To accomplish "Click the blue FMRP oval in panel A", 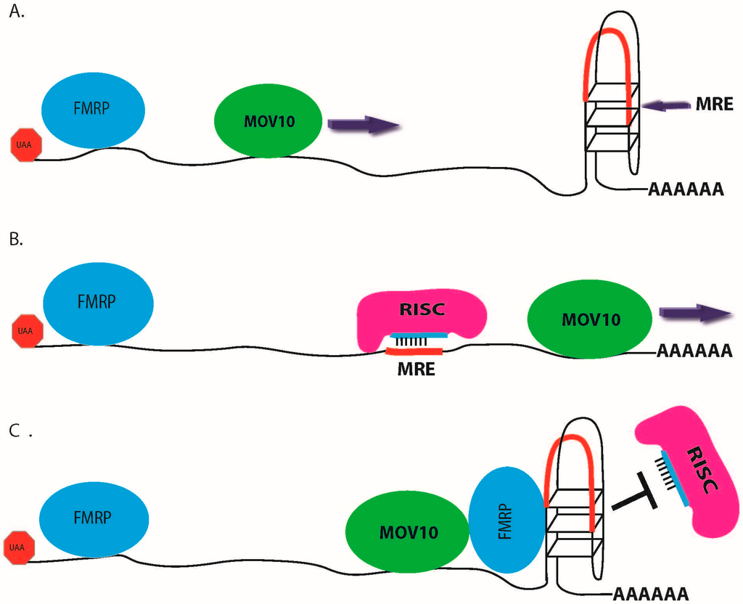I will point(94,112).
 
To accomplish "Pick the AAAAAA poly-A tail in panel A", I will point(686,191).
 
